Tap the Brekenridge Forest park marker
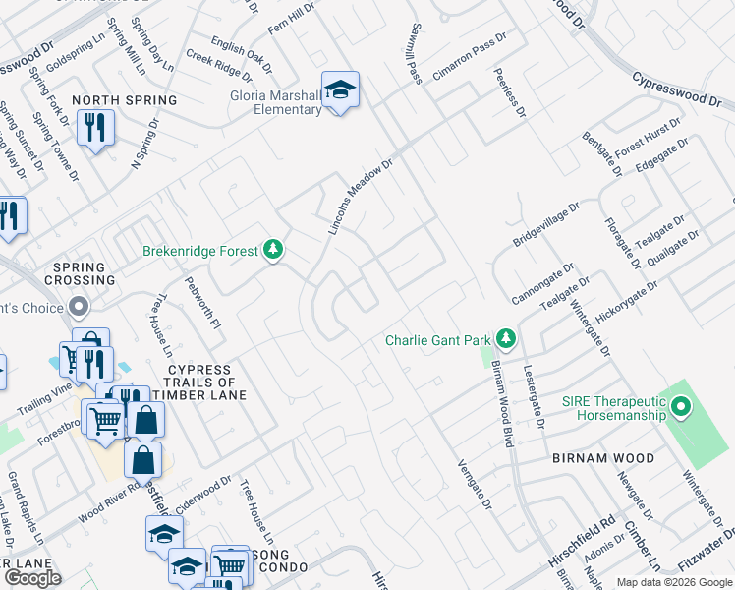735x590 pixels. pos(273,251)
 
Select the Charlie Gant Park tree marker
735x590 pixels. pos(506,340)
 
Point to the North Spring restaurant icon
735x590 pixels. pos(95,128)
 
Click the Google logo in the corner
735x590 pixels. pos(32,577)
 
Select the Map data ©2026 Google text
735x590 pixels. pos(674,582)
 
